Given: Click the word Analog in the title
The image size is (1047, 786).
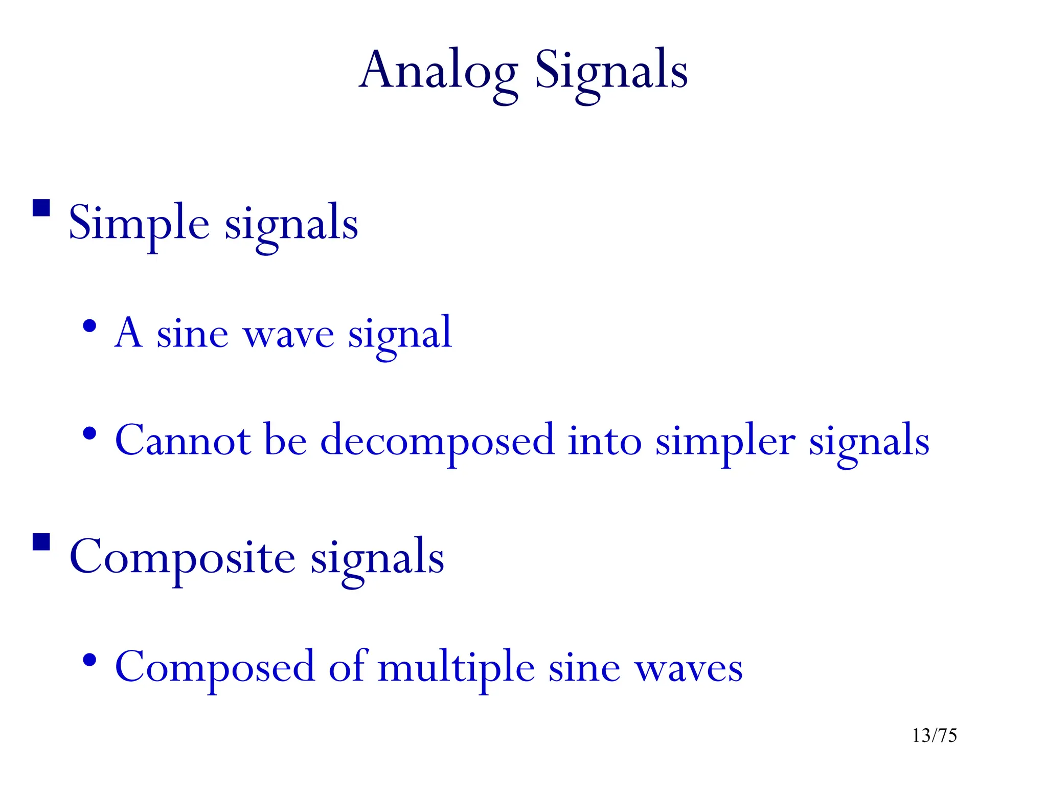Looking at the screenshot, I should pyautogui.click(x=438, y=72).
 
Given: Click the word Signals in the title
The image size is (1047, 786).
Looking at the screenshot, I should pyautogui.click(x=611, y=72).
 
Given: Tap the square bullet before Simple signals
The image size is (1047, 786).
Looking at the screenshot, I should pyautogui.click(x=41, y=208).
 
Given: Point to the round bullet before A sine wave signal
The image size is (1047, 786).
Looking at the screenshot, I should pyautogui.click(x=89, y=326).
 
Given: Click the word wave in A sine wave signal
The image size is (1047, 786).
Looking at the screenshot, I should pyautogui.click(x=288, y=335).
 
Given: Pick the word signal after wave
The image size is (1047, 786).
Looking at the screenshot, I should pyautogui.click(x=400, y=335).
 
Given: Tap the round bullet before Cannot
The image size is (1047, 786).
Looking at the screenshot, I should pyautogui.click(x=89, y=434).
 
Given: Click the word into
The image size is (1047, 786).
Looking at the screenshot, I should pyautogui.click(x=604, y=440).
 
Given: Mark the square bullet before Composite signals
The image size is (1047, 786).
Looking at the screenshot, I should pyautogui.click(x=41, y=542).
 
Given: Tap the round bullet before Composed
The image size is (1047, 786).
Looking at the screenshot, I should pyautogui.click(x=89, y=660).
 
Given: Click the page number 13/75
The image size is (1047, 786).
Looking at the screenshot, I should pyautogui.click(x=934, y=735).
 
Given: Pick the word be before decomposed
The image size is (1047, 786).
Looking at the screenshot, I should pyautogui.click(x=285, y=440).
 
